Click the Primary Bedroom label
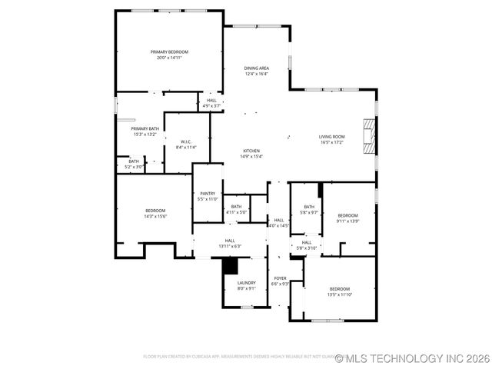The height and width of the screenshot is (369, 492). point(169,52)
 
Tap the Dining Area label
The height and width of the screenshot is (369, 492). point(257,68)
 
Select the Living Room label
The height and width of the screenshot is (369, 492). point(332,137)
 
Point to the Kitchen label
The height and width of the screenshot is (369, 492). point(252,151)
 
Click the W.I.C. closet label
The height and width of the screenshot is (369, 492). point(186,141)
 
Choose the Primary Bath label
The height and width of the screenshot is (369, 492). point(145,128)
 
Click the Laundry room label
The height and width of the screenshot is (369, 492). point(246,282)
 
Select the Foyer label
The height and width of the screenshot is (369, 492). point(281,278)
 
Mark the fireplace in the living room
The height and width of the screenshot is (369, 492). point(370,137)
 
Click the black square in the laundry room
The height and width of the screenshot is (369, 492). point(229,265)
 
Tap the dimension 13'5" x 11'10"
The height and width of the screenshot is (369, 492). point(339,294)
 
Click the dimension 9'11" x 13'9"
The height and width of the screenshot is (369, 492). point(347,221)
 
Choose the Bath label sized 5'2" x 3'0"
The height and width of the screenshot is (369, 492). point(134,161)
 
